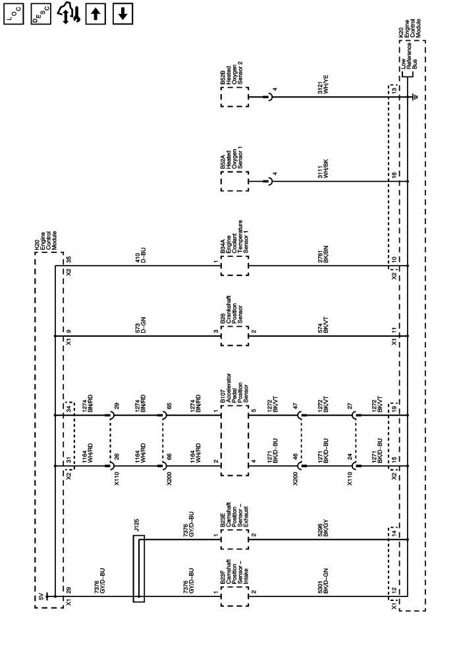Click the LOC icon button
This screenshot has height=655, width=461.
click(x=14, y=13)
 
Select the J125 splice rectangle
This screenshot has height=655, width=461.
click(x=139, y=568)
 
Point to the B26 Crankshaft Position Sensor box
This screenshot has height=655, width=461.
click(x=234, y=336)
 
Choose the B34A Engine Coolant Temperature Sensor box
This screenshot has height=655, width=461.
click(x=234, y=266)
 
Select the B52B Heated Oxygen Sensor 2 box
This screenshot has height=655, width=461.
click(x=234, y=97)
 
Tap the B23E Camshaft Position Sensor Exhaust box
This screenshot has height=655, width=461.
click(x=234, y=540)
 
